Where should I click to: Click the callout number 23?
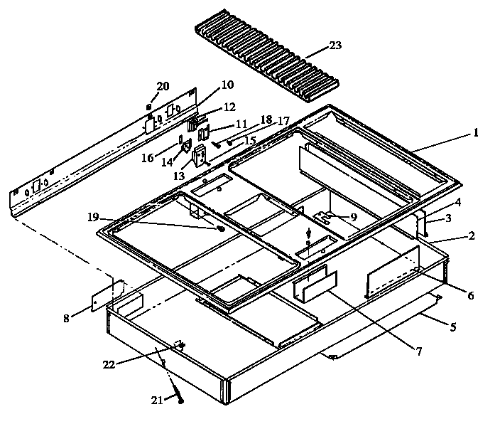(335, 46)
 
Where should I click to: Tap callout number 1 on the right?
(477, 132)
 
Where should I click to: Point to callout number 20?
(163, 86)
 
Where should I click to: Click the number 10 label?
(227, 85)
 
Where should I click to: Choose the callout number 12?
(229, 107)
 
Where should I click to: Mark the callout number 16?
(148, 158)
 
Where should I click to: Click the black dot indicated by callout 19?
(222, 230)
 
